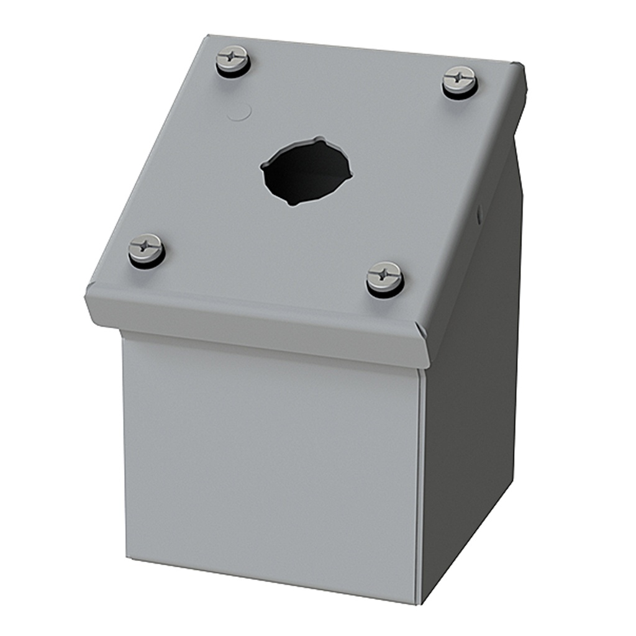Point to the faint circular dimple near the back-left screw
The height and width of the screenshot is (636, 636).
click(x=239, y=112)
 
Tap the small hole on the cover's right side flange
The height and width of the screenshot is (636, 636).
click(x=479, y=214)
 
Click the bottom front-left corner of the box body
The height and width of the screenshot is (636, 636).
click(x=128, y=556)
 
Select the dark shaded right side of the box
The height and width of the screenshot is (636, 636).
click(x=472, y=404)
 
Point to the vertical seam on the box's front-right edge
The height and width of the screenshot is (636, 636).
click(x=420, y=484)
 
